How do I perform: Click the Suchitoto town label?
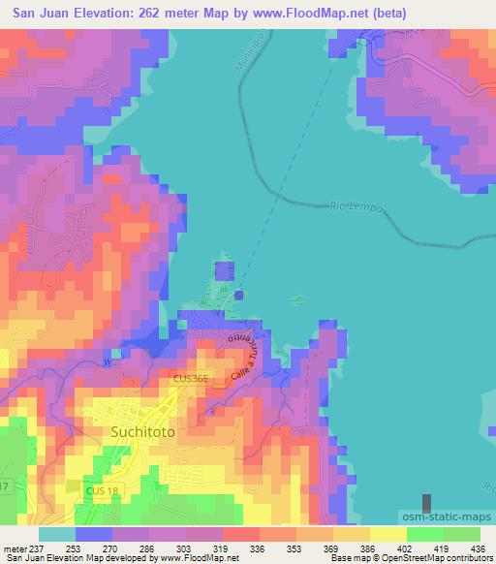143,433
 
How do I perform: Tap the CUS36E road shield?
191,381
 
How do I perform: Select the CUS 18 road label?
102,492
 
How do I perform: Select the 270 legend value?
125,548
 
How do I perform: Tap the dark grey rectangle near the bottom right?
427,503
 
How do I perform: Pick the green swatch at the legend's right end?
462,534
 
